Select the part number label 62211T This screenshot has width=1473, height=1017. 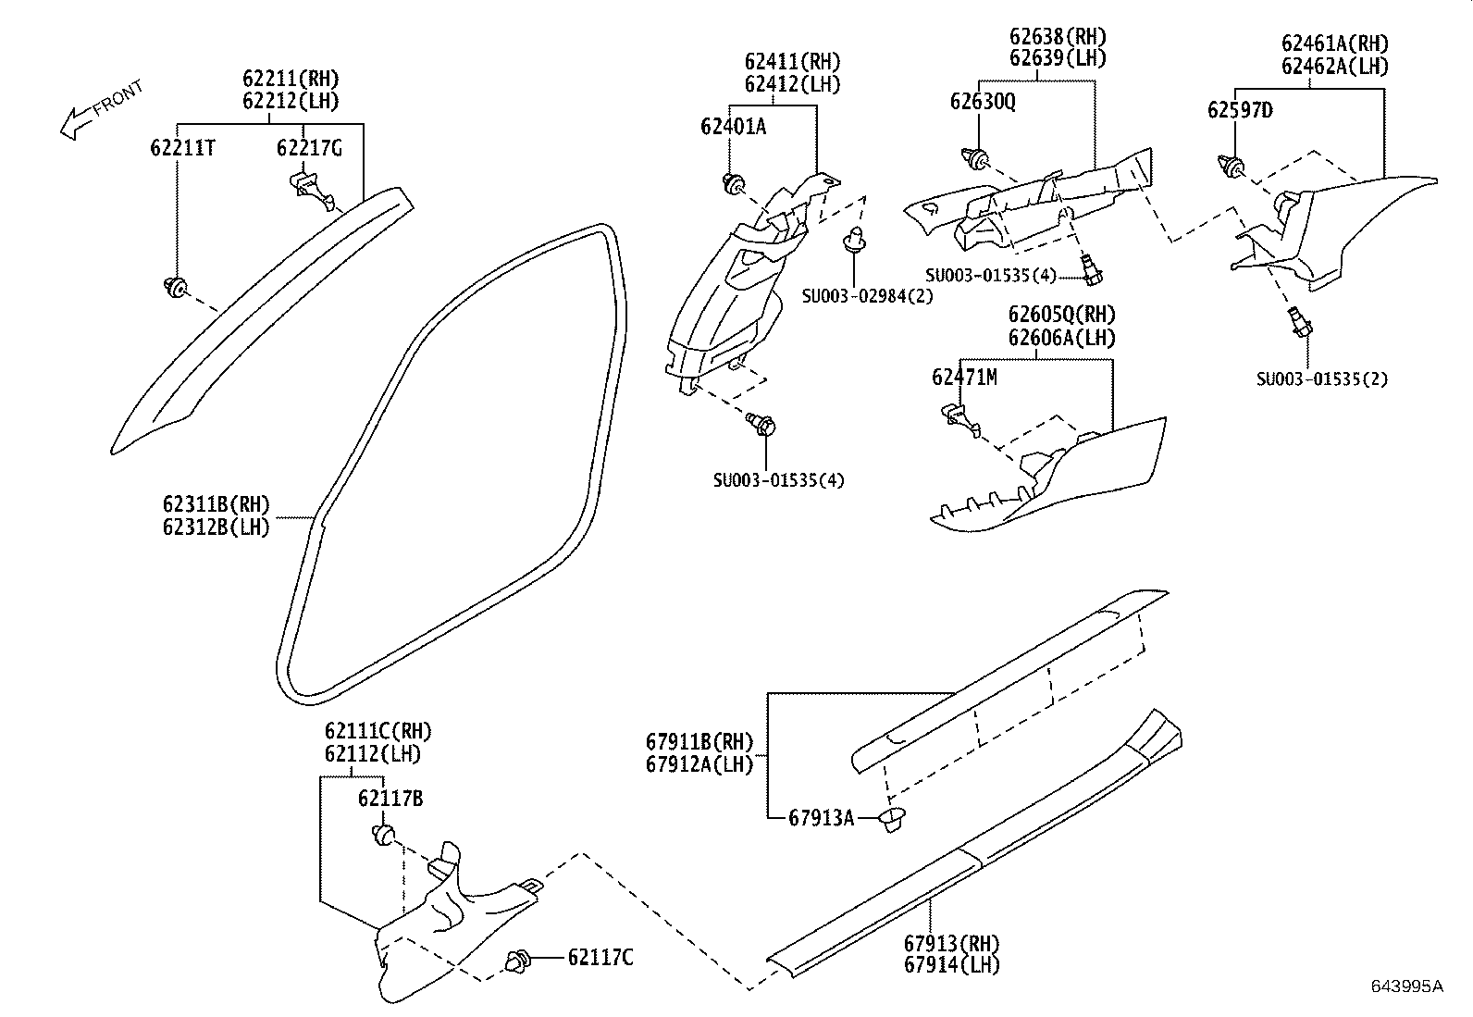183,147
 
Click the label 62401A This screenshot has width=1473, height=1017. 733,127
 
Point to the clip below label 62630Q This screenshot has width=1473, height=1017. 973,160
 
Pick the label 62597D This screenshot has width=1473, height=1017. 1239,111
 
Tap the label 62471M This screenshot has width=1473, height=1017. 964,377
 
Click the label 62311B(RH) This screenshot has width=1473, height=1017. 216,504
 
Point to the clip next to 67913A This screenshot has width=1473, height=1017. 893,819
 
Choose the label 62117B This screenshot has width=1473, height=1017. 390,798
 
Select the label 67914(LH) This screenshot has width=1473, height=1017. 952,964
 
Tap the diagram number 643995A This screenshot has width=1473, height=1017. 1406,986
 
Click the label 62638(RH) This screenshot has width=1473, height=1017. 1058,37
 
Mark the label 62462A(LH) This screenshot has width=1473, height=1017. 1334,66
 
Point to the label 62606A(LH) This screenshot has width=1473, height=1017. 1061,338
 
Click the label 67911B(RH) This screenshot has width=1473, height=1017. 699,741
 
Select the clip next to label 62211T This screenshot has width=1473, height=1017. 174,287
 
